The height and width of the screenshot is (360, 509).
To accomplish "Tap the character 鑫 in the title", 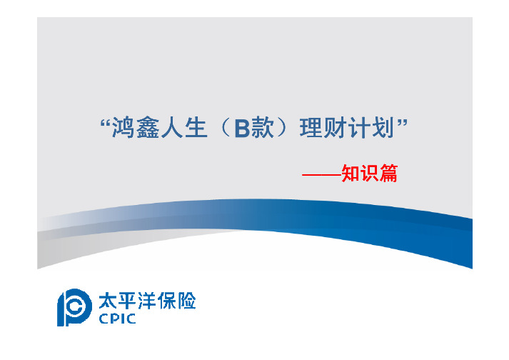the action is tap(148, 128).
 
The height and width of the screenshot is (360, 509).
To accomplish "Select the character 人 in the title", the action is tap(172, 128).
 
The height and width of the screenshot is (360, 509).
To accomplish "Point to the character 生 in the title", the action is tap(196, 128).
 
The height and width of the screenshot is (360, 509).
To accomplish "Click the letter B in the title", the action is tap(242, 129).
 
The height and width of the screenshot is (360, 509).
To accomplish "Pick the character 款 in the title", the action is tap(262, 128).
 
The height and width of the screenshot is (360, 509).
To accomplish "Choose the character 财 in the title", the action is tap(336, 128).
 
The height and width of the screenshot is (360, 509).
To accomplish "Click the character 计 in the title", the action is tap(359, 128).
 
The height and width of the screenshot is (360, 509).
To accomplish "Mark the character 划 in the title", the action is tap(383, 128).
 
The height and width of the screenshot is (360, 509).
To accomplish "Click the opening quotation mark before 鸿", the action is tap(105, 124).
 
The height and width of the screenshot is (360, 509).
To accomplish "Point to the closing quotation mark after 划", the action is tap(402, 124).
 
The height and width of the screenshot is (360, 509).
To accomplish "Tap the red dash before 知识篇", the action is tap(322, 175).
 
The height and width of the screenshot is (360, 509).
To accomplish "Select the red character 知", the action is tap(351, 173).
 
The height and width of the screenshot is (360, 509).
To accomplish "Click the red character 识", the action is tap(370, 173).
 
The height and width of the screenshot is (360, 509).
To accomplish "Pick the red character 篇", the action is tap(388, 173).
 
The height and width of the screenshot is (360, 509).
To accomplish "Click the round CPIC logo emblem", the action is tap(74, 307).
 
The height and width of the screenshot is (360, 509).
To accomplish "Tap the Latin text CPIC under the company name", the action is tap(117, 319).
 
